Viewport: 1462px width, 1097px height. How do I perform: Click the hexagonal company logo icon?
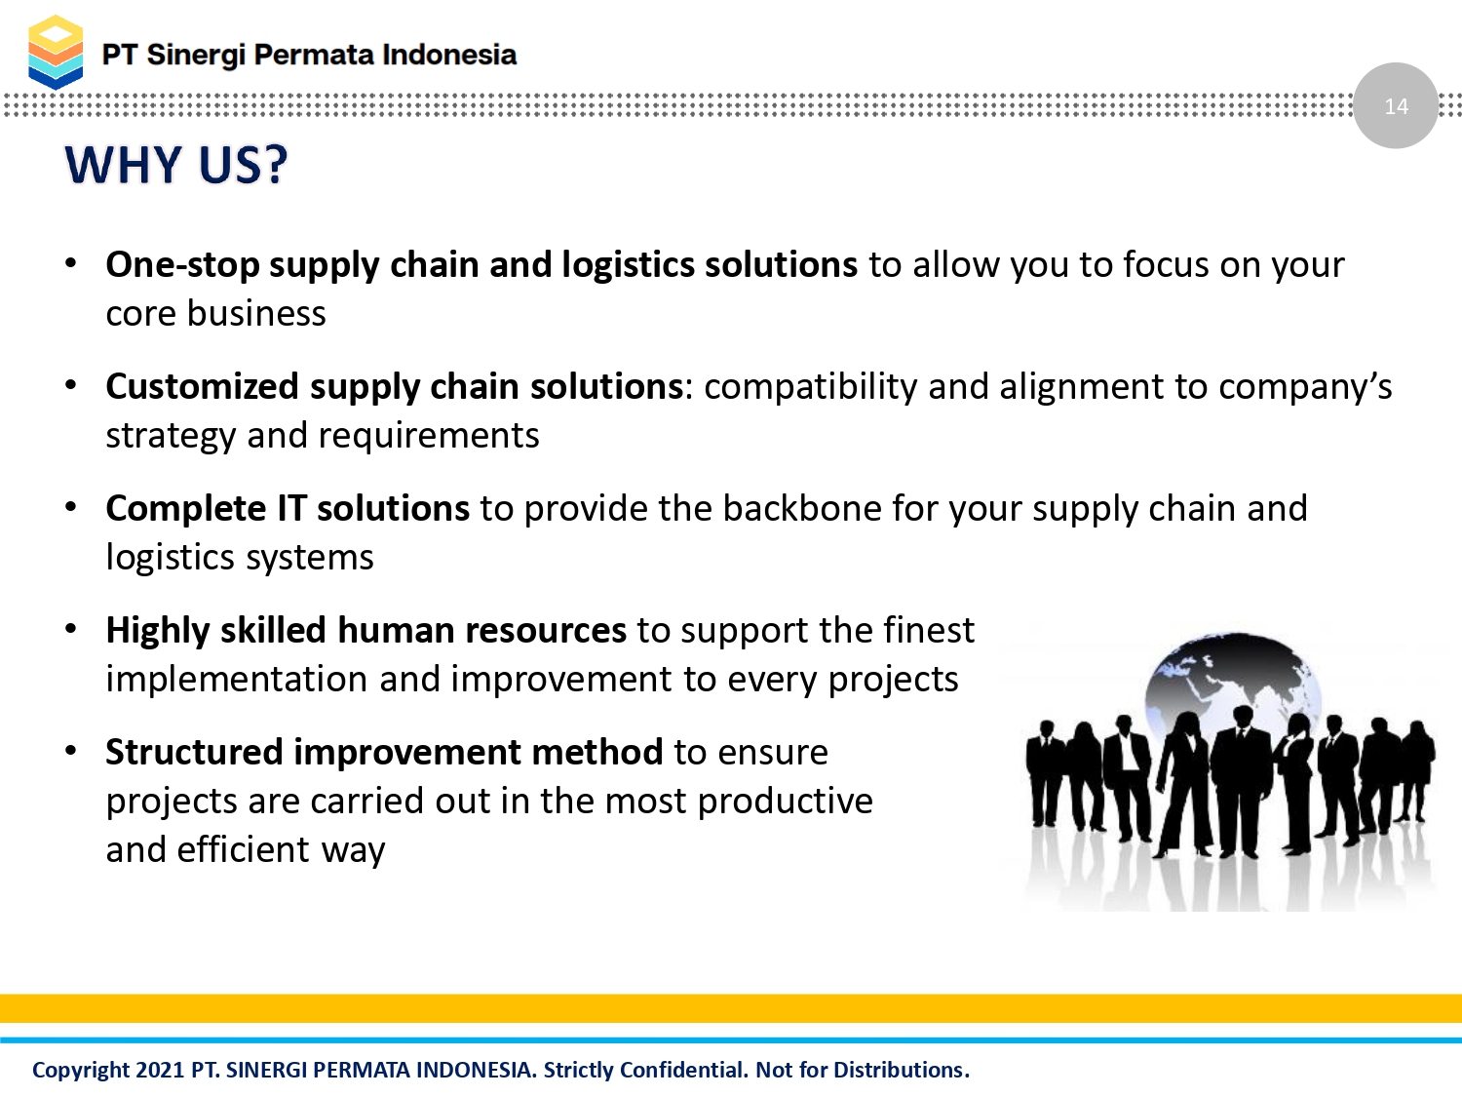[56, 52]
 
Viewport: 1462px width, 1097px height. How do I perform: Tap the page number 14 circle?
[1396, 105]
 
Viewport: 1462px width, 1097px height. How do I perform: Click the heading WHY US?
[175, 165]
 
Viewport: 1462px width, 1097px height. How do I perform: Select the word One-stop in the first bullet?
[182, 265]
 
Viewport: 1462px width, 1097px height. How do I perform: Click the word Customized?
[202, 387]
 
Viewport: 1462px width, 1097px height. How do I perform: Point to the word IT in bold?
[291, 508]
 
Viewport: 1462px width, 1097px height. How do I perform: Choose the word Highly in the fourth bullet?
[158, 631]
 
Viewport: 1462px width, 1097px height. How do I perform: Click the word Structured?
[194, 752]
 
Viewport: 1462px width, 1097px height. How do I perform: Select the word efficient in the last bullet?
[243, 850]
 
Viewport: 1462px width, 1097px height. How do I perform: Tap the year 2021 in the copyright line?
[160, 1070]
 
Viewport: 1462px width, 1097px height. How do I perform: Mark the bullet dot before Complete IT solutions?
[70, 507]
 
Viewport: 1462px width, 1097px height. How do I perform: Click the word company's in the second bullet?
[1305, 387]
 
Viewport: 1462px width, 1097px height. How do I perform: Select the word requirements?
[428, 436]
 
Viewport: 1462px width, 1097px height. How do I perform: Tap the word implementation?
[237, 680]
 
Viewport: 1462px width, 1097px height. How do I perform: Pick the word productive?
[785, 802]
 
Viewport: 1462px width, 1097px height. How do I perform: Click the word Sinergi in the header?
[196, 56]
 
